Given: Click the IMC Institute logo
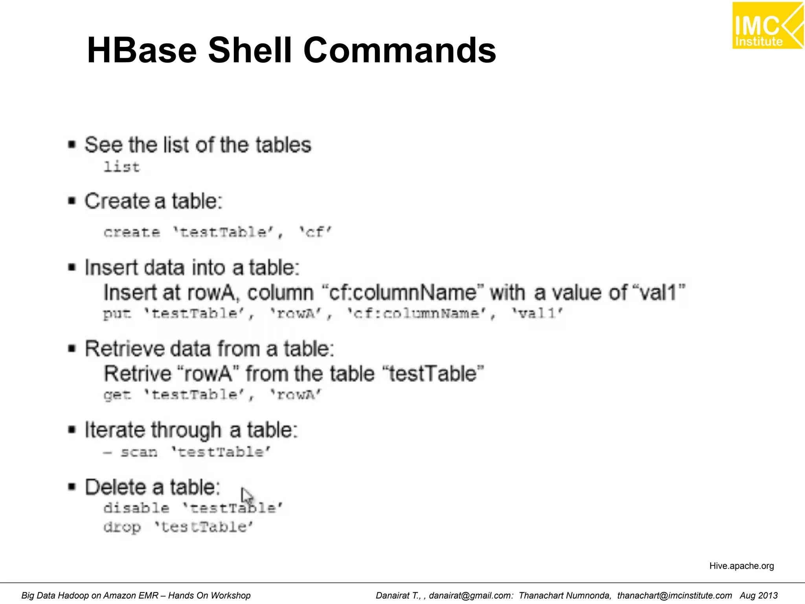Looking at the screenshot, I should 767,26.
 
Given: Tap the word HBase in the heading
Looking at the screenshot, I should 142,50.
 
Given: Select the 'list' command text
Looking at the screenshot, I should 121,167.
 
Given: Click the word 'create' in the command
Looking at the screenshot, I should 132,232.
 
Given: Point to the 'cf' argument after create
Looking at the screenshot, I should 315,232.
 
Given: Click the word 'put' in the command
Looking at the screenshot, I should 117,314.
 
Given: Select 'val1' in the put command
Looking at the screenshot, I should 537,314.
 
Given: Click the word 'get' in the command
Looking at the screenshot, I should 117,395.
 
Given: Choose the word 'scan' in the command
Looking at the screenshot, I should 139,452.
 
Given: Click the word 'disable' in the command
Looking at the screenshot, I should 136,508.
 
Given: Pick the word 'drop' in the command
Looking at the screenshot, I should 122,527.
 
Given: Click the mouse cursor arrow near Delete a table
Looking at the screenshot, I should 246,495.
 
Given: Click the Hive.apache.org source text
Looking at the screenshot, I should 741,566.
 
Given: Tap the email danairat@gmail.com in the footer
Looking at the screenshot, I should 471,596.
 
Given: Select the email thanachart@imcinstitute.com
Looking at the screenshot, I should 675,596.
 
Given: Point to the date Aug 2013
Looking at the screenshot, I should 759,596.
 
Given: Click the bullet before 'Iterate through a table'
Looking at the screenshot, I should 72,429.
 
